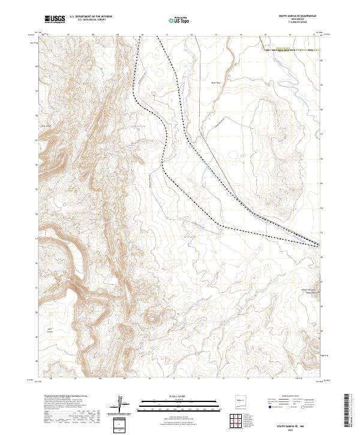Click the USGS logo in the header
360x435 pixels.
point(55,19)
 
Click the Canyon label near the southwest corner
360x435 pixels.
point(50,331)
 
